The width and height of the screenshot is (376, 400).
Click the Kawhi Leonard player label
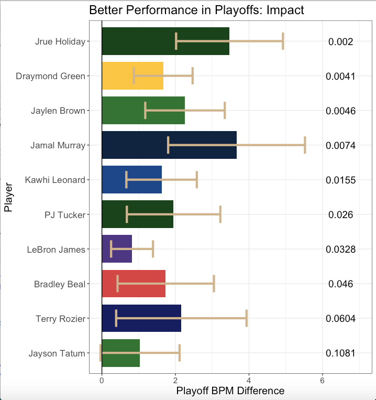[54, 180]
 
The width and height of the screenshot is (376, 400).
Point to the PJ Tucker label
[64, 214]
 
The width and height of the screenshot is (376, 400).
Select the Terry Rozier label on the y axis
[60, 318]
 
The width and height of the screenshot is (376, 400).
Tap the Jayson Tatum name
[57, 353]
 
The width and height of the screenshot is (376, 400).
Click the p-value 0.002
[340, 42]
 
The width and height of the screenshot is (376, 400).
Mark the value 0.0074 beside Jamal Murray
[340, 146]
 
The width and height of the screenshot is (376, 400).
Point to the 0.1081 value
[340, 353]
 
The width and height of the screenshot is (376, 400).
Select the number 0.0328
[340, 250]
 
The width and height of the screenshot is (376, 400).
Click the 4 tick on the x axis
[249, 381]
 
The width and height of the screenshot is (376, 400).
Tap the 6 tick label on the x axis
[323, 381]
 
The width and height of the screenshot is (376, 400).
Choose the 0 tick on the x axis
[102, 381]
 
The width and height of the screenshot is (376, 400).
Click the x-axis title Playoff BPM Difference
[230, 391]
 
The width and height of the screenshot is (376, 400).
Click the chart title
[196, 10]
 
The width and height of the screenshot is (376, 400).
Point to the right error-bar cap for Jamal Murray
[305, 145]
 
